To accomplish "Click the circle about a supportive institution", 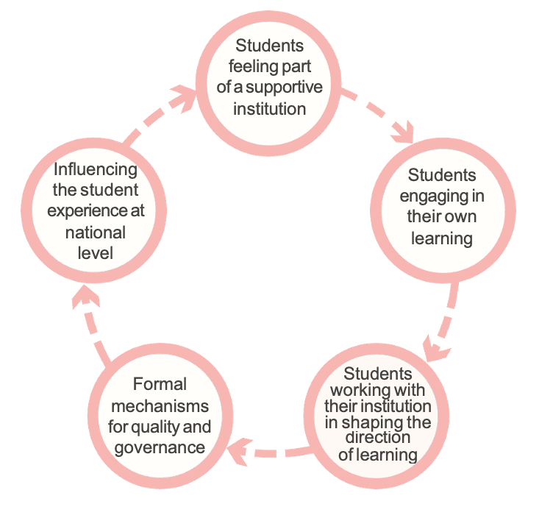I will pos(269,77).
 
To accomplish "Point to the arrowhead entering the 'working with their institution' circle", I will pos(437,346).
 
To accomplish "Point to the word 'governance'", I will pos(160,447).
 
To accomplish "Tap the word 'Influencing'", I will pos(96,170).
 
